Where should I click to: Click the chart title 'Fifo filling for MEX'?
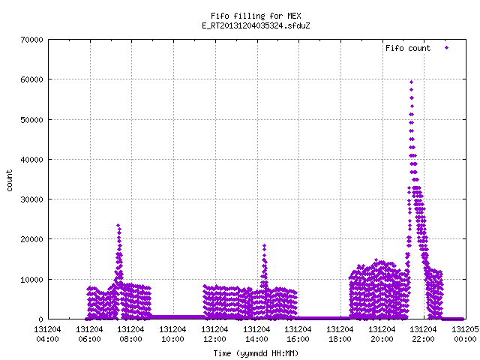coord(256,16)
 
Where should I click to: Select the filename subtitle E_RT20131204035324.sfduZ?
coord(256,25)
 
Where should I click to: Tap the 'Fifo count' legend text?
coord(408,48)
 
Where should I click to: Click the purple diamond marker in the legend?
coord(447,48)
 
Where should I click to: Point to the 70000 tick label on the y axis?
coord(31,40)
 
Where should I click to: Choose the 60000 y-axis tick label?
coord(31,79)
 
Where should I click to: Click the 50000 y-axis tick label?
coord(31,120)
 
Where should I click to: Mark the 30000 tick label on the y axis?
coord(31,199)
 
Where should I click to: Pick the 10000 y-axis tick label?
coord(31,280)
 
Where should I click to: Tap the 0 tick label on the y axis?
coord(40,319)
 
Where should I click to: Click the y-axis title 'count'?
coord(9,181)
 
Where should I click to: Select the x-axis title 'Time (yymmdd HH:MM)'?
coord(256,353)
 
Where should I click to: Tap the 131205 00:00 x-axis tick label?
coord(465,334)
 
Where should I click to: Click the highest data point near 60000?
coord(412,82)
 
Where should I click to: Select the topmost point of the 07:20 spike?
coord(118,226)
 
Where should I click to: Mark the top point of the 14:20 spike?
coord(264,245)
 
